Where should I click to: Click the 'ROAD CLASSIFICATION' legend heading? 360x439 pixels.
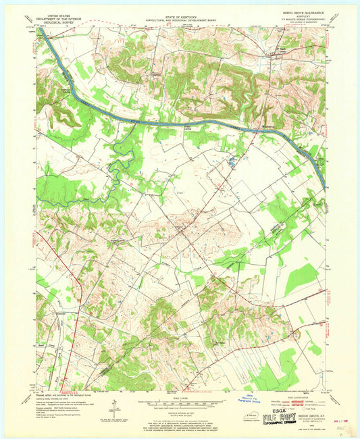(x=286, y=395)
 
